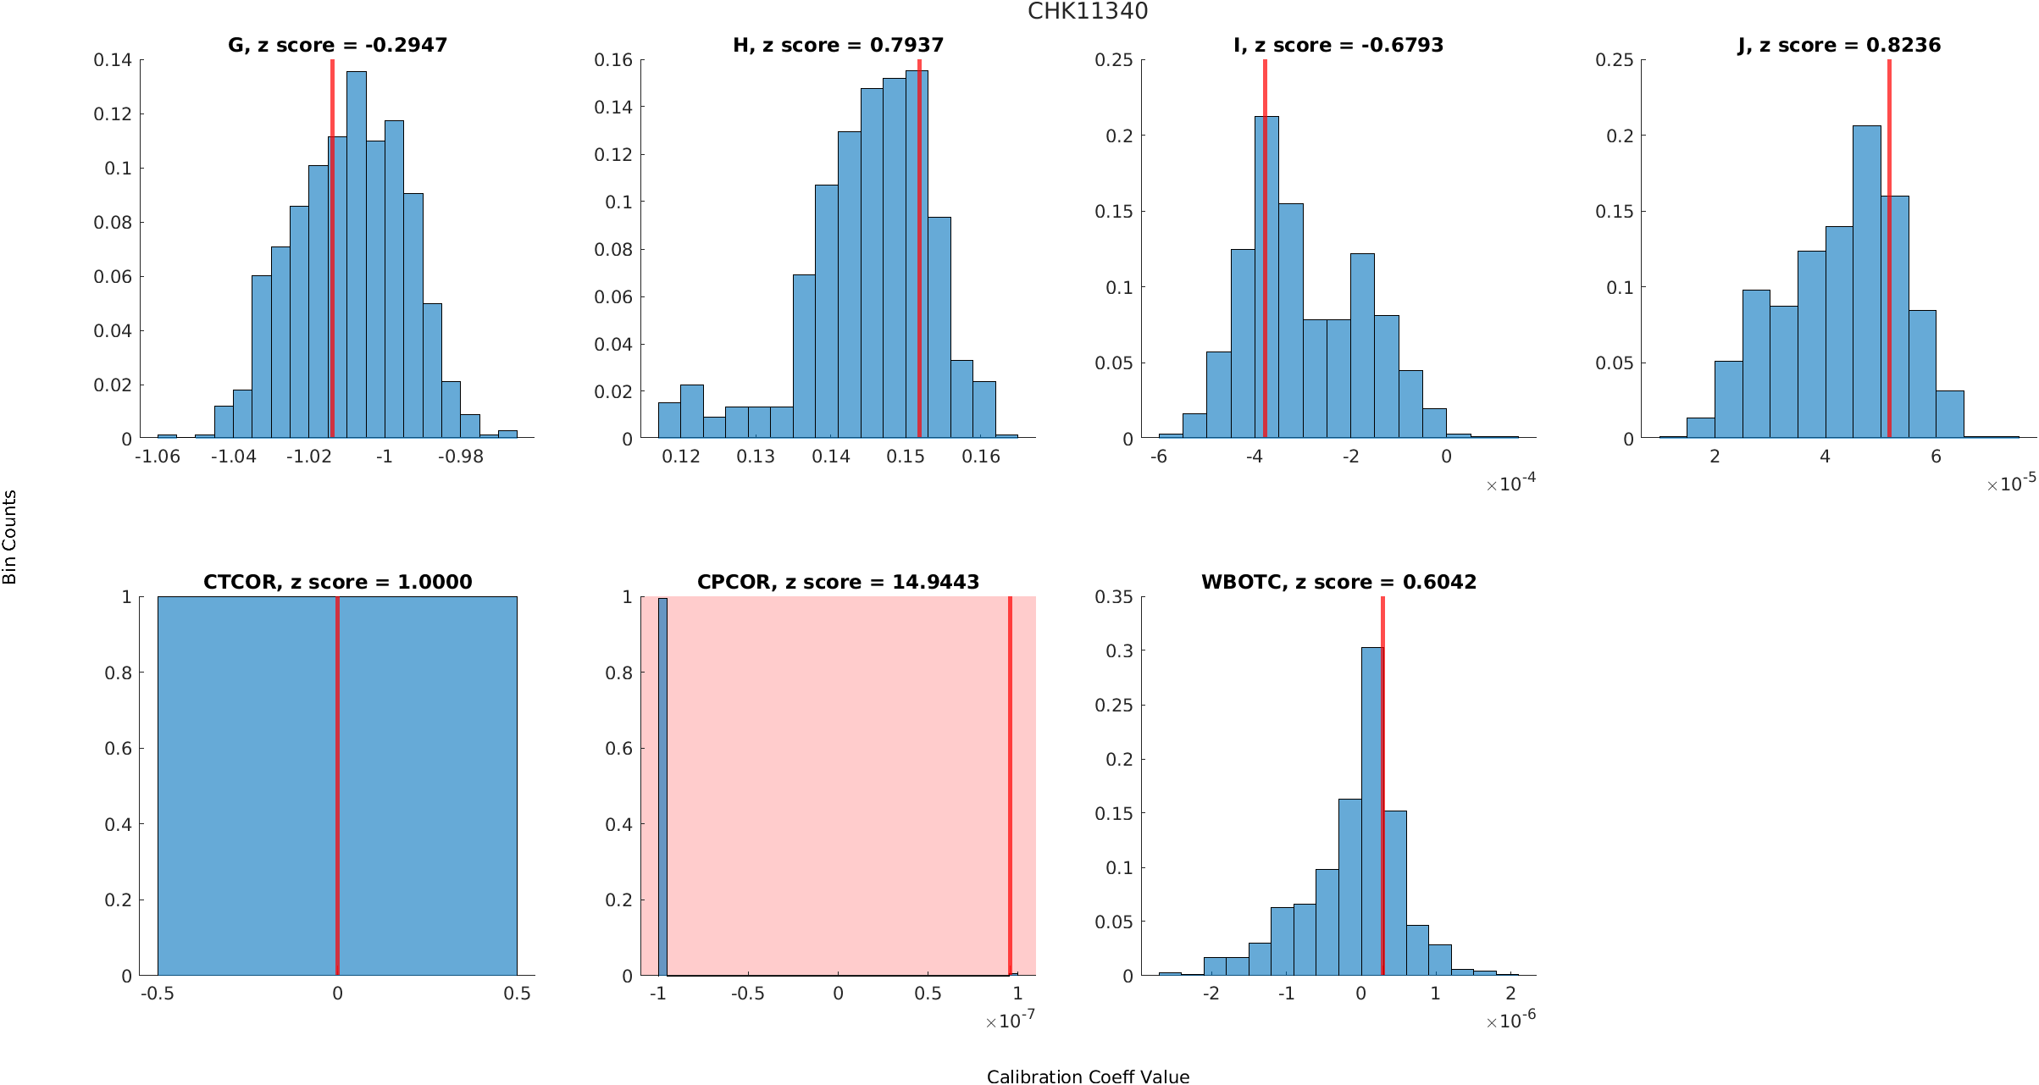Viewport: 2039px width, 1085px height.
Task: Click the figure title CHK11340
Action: pyautogui.click(x=1088, y=11)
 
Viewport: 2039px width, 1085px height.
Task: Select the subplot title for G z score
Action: pyautogui.click(x=337, y=45)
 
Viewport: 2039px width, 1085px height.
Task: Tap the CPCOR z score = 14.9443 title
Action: pyautogui.click(x=838, y=582)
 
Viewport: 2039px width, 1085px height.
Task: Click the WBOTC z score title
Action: pyautogui.click(x=1338, y=582)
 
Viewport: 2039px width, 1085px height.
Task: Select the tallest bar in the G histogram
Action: pyautogui.click(x=357, y=254)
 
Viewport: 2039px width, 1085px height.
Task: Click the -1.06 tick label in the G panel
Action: pyautogui.click(x=158, y=457)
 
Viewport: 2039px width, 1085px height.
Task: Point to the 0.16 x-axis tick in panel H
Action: pyautogui.click(x=981, y=457)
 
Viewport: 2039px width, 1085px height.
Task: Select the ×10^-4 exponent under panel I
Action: pyautogui.click(x=1510, y=484)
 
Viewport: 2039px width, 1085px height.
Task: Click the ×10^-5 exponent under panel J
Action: pyautogui.click(x=2011, y=484)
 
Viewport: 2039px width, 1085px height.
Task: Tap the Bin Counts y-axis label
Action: pyautogui.click(x=10, y=537)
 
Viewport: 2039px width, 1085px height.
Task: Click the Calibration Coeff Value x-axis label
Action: pyautogui.click(x=1088, y=1077)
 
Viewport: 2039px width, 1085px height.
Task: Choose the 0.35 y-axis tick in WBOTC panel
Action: pyautogui.click(x=1113, y=597)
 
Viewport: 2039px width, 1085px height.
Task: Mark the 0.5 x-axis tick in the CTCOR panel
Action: pyautogui.click(x=517, y=994)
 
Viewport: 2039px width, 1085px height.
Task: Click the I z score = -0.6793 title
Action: pyautogui.click(x=1338, y=45)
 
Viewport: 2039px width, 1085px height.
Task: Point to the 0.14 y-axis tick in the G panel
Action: pyautogui.click(x=113, y=60)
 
